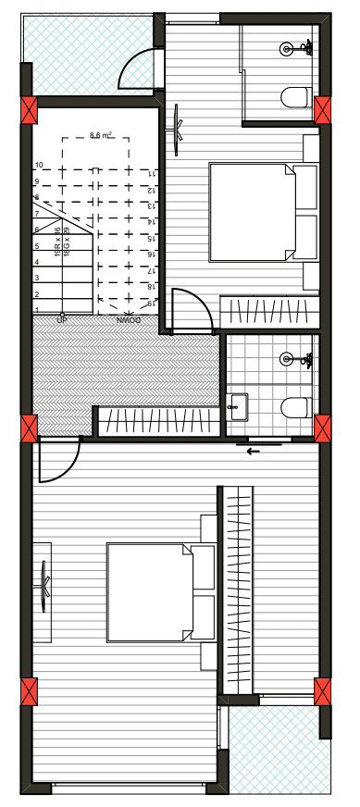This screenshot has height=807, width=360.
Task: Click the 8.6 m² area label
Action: click(101, 135)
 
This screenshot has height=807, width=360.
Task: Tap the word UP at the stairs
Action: click(62, 320)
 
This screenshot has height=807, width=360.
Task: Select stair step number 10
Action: click(39, 166)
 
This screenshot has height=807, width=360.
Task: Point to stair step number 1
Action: click(36, 309)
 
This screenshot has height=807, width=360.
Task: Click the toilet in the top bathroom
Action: click(296, 96)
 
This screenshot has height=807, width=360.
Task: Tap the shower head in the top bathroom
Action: click(287, 47)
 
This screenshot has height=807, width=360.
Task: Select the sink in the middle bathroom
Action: click(238, 405)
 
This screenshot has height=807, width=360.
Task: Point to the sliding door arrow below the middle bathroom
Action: click(253, 451)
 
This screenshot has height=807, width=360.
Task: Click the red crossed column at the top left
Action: click(29, 111)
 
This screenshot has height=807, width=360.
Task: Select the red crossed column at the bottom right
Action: click(322, 691)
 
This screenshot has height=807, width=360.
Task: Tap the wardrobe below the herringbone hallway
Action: click(157, 421)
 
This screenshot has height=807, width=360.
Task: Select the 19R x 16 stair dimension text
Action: click(57, 242)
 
